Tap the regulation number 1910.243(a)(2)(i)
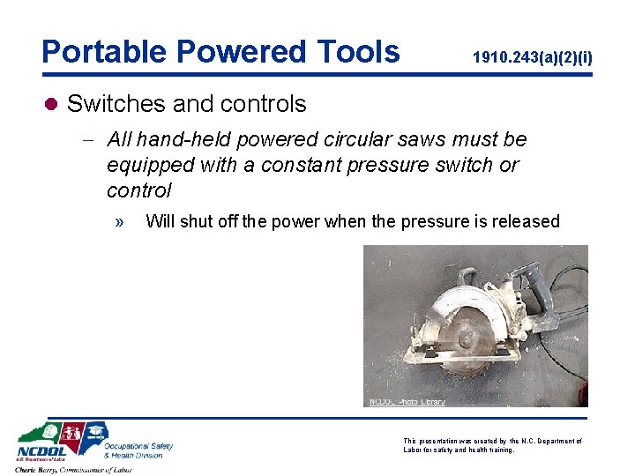[533, 59]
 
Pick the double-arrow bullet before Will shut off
[119, 221]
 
